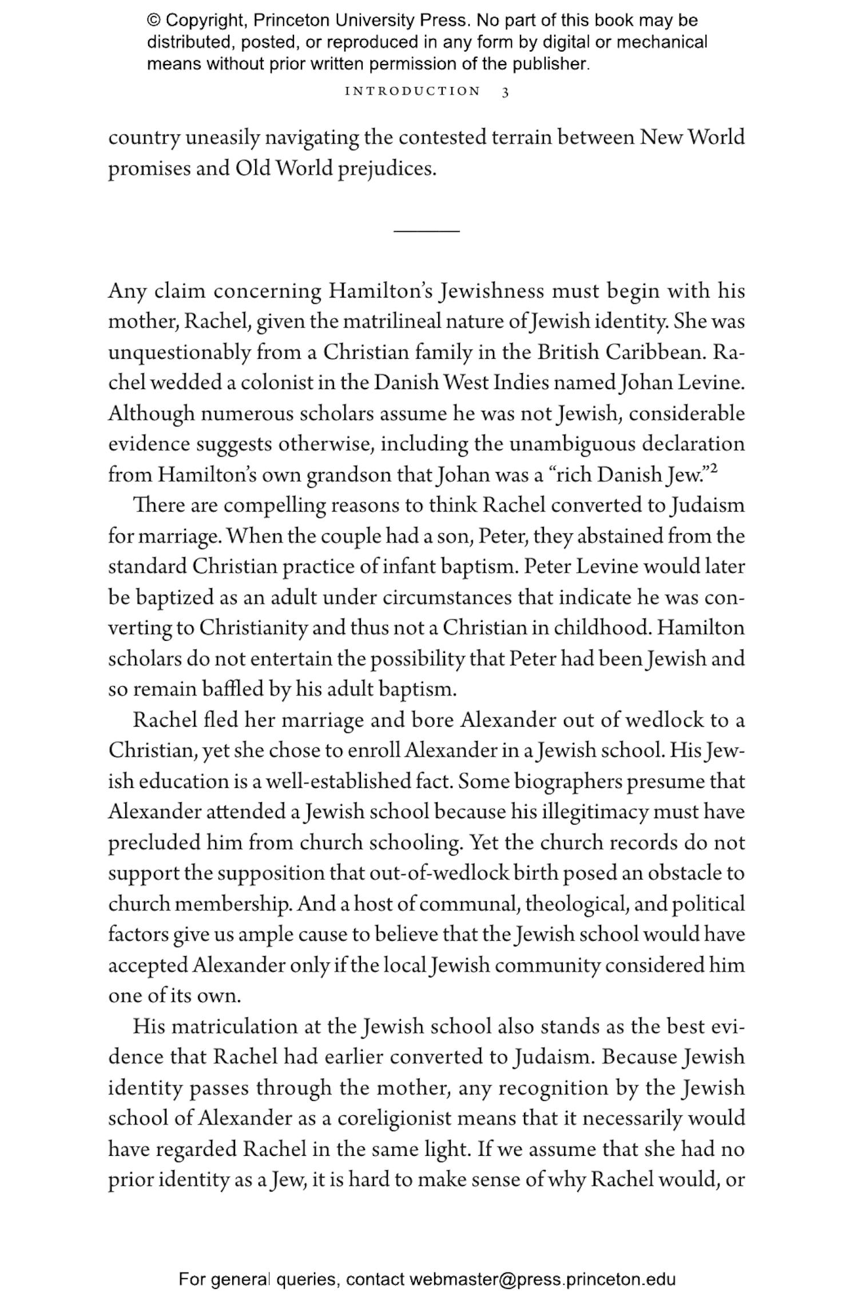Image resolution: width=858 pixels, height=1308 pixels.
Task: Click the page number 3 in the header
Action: tap(505, 92)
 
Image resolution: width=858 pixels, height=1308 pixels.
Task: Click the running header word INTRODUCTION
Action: tap(412, 92)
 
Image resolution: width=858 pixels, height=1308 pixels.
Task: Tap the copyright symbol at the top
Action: tap(154, 21)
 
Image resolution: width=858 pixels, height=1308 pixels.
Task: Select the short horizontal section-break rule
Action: tap(426, 231)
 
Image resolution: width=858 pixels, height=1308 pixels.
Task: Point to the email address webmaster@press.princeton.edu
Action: tap(542, 1279)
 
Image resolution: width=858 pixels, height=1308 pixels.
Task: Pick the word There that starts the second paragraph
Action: tap(158, 505)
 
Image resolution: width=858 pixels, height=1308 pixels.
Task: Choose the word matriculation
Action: tap(235, 1026)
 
